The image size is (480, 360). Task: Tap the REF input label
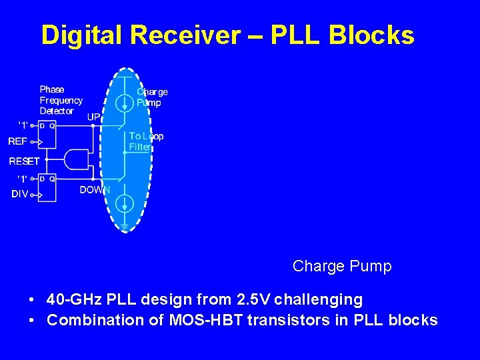click(18, 141)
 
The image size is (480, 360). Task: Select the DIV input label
click(19, 195)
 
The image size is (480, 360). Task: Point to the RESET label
click(24, 161)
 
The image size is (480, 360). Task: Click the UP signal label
click(94, 117)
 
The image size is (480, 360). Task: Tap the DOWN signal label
click(95, 190)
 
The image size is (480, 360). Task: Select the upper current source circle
click(125, 103)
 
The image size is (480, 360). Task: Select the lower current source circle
click(125, 203)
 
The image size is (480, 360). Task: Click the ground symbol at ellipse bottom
click(125, 227)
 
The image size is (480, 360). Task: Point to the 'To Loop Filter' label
click(145, 141)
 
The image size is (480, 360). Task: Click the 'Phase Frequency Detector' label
click(61, 100)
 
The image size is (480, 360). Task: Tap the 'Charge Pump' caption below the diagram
click(342, 267)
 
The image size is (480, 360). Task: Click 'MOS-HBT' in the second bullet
click(204, 320)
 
